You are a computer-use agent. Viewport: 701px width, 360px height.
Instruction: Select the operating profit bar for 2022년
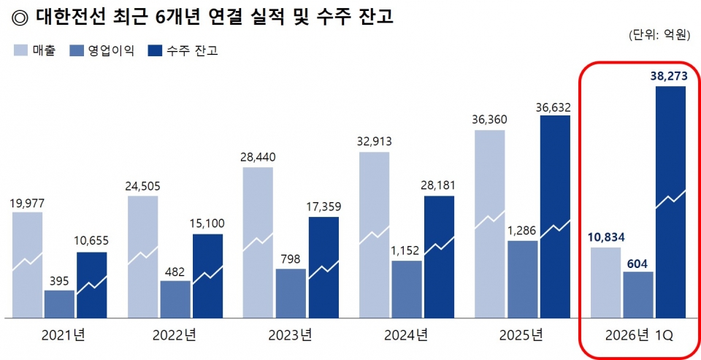point(175,299)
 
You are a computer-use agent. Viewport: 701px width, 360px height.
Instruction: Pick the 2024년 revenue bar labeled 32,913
point(374,234)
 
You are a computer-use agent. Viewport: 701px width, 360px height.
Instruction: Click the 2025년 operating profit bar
point(523,279)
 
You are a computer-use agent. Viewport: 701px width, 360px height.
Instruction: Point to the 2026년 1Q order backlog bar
point(670,202)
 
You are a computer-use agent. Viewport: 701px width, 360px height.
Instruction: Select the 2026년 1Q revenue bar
point(605,283)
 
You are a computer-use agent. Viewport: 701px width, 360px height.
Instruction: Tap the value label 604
point(637,261)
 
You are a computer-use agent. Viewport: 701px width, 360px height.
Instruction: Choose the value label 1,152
point(406,250)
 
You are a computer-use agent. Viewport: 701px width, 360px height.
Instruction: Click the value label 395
point(59,280)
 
